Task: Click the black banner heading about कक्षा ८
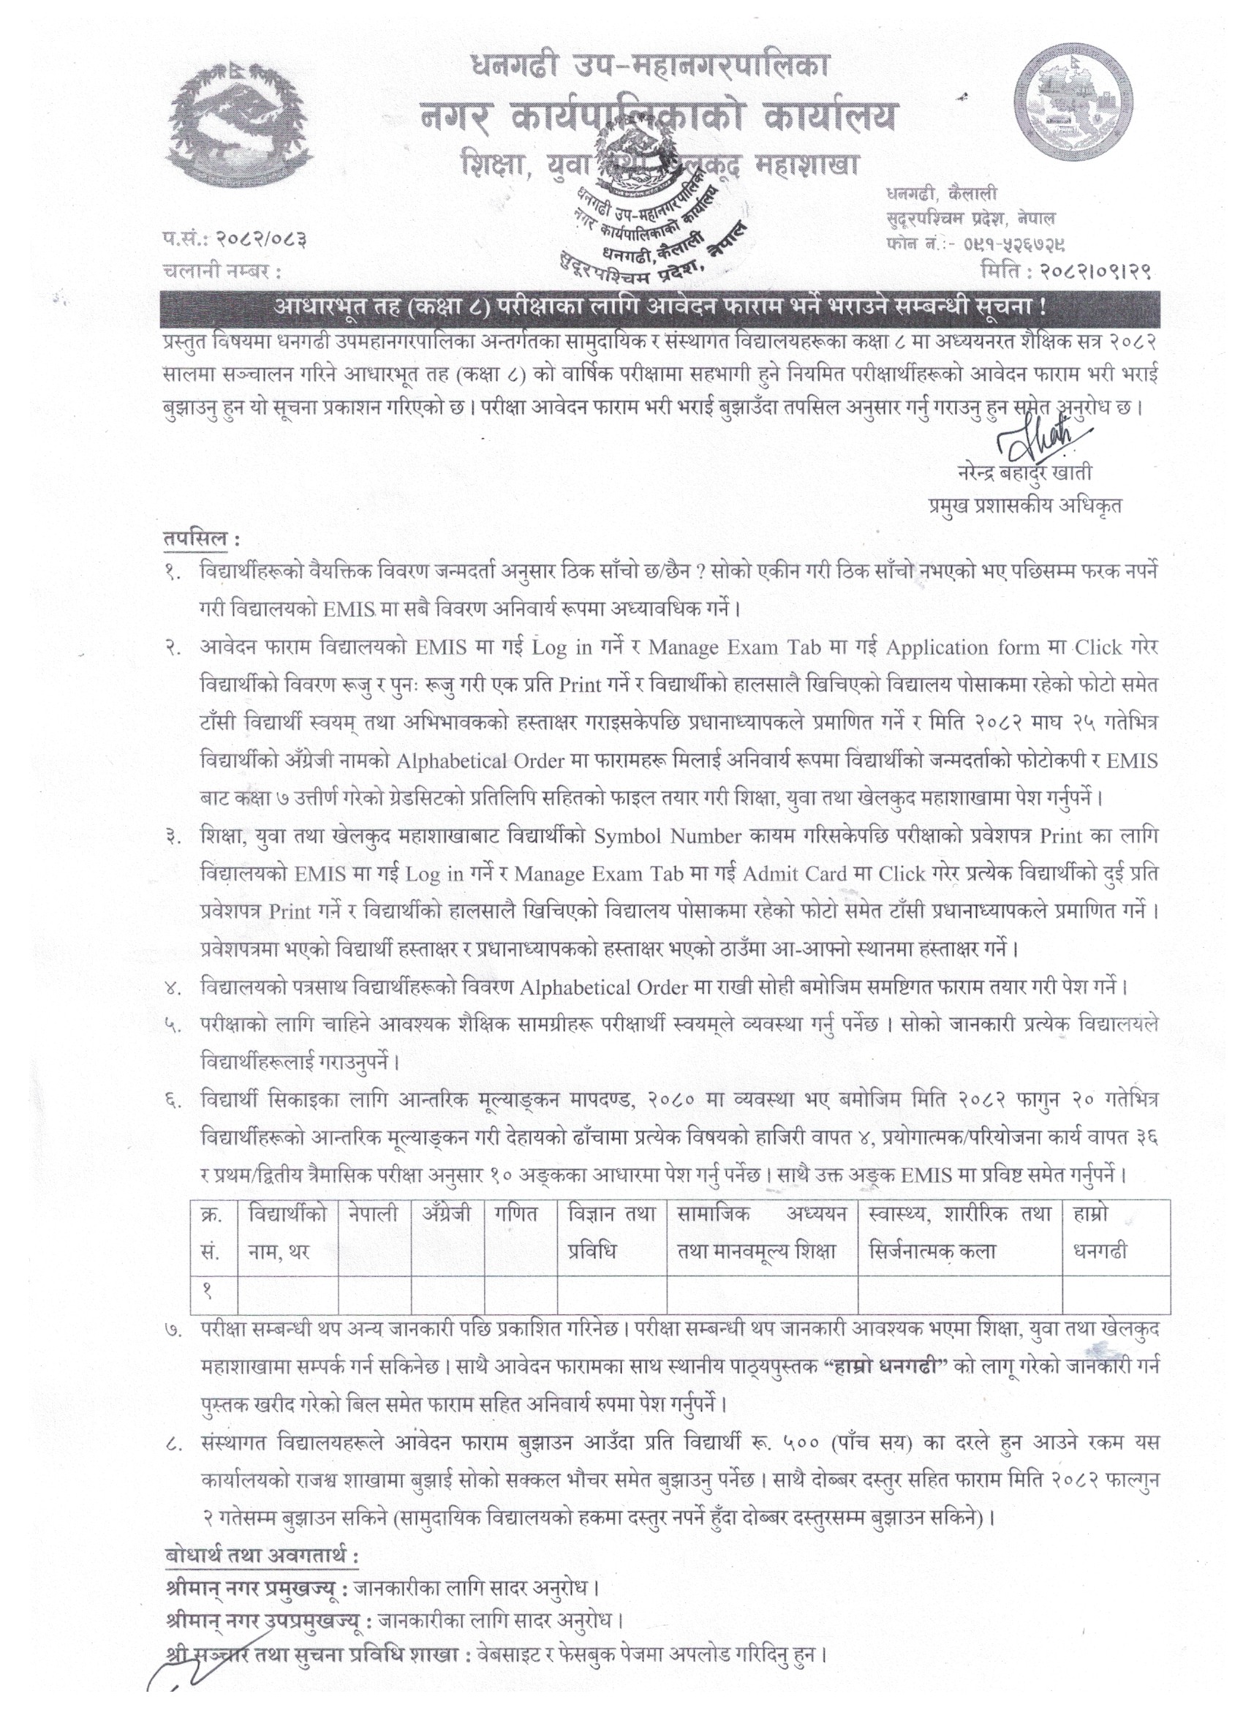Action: tap(660, 309)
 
